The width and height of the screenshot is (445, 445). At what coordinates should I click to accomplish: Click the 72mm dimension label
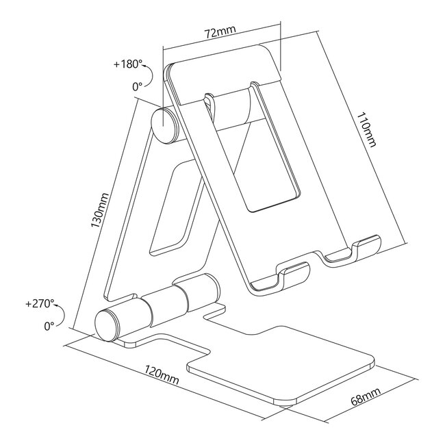coord(220,32)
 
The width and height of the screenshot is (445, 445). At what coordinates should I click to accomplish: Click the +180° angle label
coord(128,65)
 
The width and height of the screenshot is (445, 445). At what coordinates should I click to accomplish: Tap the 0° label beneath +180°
coord(137,87)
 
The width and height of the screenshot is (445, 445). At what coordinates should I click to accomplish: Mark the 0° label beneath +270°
coord(49,326)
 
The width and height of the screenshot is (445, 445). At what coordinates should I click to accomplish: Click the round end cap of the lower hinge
coord(107,325)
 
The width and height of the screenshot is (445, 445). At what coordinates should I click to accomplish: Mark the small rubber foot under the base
coord(286,407)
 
